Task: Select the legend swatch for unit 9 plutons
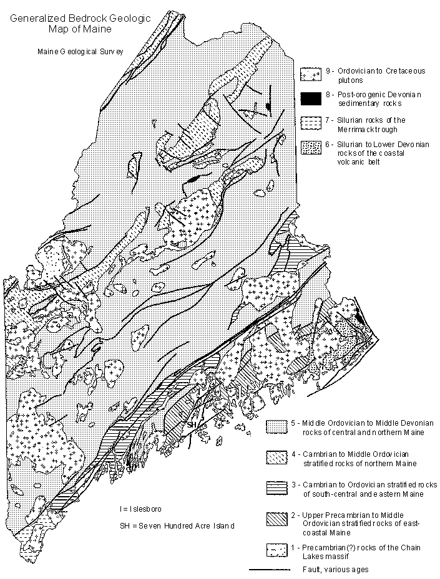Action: click(x=311, y=74)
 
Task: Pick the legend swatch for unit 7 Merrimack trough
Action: click(x=311, y=123)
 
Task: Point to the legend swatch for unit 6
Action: click(x=311, y=148)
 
